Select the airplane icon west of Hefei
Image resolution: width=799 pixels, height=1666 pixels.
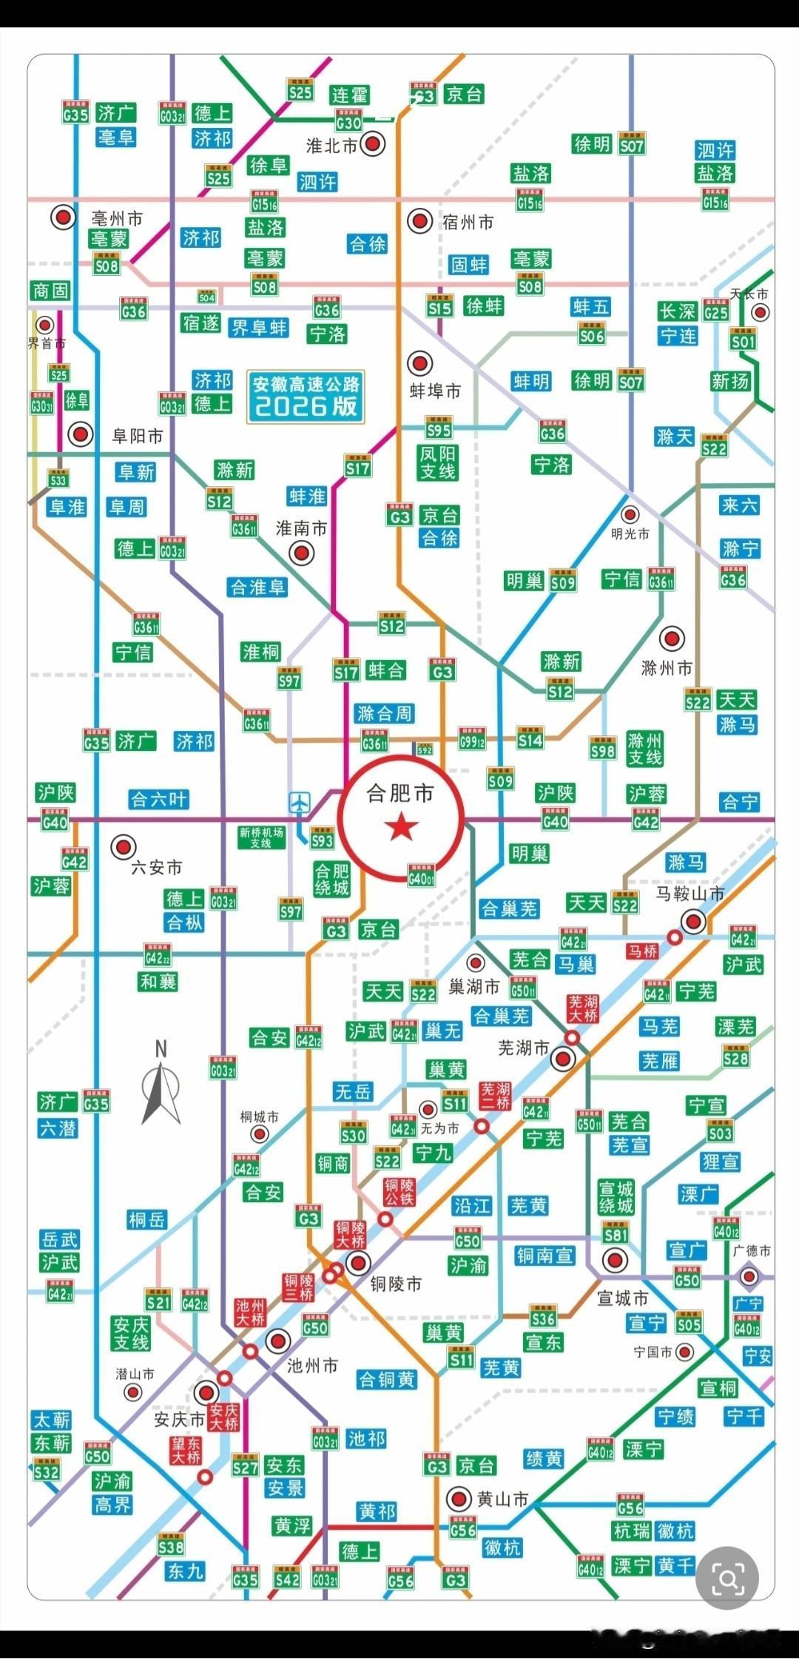pyautogui.click(x=300, y=802)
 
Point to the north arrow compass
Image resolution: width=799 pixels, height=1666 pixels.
pyautogui.click(x=161, y=1084)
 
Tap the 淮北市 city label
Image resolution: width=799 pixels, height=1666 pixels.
pyautogui.click(x=331, y=146)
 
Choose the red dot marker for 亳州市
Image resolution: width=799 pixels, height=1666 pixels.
pyautogui.click(x=64, y=217)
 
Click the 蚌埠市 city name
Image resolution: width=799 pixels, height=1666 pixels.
pyautogui.click(x=436, y=390)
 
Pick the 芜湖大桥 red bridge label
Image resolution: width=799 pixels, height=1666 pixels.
pyautogui.click(x=582, y=1008)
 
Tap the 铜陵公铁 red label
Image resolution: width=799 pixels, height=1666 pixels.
pyautogui.click(x=399, y=1192)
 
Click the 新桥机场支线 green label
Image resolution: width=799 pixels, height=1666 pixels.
pyautogui.click(x=260, y=837)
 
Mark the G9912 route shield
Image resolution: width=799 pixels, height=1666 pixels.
pyautogui.click(x=471, y=738)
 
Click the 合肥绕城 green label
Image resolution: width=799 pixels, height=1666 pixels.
pyautogui.click(x=331, y=878)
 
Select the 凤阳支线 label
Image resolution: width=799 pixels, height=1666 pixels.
pyautogui.click(x=437, y=462)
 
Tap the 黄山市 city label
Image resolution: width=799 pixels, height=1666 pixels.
pyautogui.click(x=502, y=1499)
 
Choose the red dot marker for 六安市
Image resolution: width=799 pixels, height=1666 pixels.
pyautogui.click(x=123, y=846)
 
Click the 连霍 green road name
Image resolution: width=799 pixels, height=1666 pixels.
pyautogui.click(x=349, y=95)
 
